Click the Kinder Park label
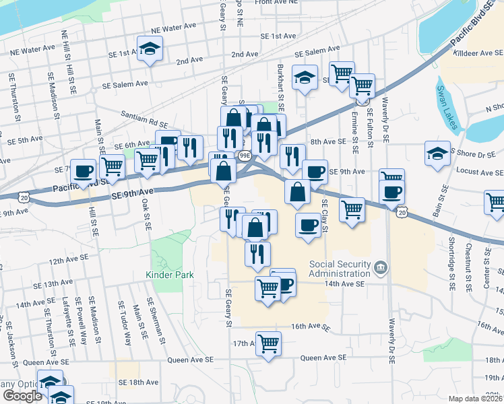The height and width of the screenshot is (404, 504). (170, 275)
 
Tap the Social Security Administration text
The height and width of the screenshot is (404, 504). (341, 269)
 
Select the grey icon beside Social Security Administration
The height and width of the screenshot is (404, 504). (381, 269)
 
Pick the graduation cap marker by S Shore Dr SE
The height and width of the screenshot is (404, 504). (437, 153)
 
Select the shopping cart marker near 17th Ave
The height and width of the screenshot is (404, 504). (268, 343)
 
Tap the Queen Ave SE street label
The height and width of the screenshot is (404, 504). (323, 358)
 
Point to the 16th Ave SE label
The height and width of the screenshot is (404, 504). (311, 328)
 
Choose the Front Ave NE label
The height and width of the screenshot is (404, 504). (276, 3)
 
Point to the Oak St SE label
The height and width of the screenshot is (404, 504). (145, 212)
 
